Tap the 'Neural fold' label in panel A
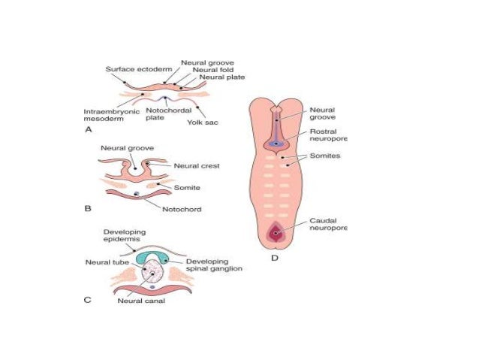coord(212,69)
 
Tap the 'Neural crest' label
coord(197,165)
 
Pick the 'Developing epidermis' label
coord(125,237)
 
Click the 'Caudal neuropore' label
coord(328,223)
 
